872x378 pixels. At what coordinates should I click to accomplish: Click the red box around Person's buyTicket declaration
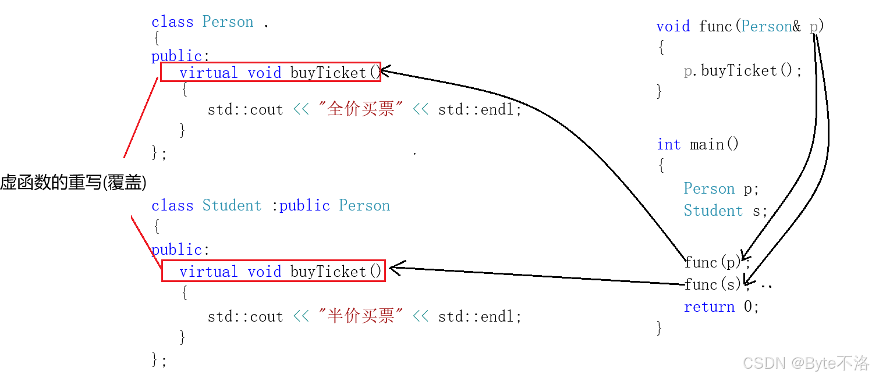pyautogui.click(x=271, y=72)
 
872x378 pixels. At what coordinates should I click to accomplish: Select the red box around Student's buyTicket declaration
pyautogui.click(x=273, y=270)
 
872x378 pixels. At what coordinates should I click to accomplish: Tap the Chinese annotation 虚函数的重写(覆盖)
pyautogui.click(x=73, y=183)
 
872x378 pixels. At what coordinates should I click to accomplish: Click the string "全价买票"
pyautogui.click(x=361, y=109)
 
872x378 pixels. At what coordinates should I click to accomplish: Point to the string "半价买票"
pyautogui.click(x=361, y=316)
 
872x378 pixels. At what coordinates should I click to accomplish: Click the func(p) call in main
pyautogui.click(x=714, y=262)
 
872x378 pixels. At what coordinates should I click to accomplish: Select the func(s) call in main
pyautogui.click(x=714, y=284)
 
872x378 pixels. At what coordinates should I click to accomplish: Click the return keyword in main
pyautogui.click(x=709, y=306)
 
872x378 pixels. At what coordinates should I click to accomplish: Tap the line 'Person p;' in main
pyautogui.click(x=721, y=188)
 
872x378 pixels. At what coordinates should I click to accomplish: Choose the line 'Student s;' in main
pyautogui.click(x=725, y=211)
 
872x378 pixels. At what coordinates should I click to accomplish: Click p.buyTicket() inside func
pyautogui.click(x=743, y=71)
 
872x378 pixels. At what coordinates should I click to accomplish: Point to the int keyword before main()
pyautogui.click(x=668, y=144)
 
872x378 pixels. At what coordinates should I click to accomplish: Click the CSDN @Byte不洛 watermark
pyautogui.click(x=806, y=363)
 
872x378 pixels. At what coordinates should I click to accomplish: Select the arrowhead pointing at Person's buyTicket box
pyautogui.click(x=385, y=72)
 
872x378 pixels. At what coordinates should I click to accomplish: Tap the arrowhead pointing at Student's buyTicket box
pyautogui.click(x=395, y=268)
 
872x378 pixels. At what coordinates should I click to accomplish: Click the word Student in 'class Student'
pyautogui.click(x=232, y=205)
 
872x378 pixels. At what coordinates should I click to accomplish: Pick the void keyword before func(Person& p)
pyautogui.click(x=673, y=26)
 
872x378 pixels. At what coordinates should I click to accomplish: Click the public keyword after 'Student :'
pyautogui.click(x=304, y=205)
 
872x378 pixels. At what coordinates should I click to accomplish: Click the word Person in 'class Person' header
pyautogui.click(x=228, y=22)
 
